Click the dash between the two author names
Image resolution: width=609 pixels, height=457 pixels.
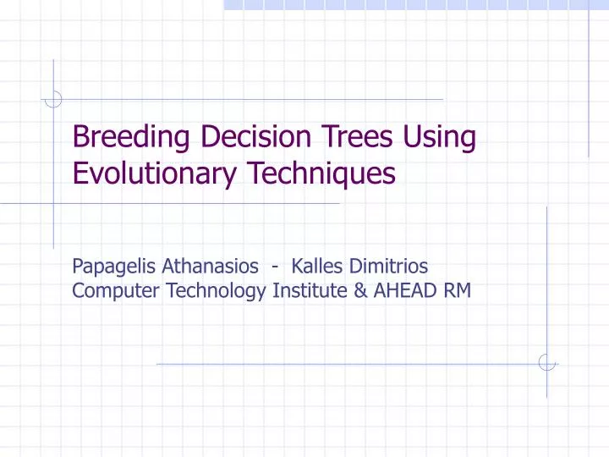(x=277, y=268)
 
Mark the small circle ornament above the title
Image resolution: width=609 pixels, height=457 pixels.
(x=53, y=100)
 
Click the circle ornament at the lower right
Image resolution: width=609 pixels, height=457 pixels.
(x=547, y=363)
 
